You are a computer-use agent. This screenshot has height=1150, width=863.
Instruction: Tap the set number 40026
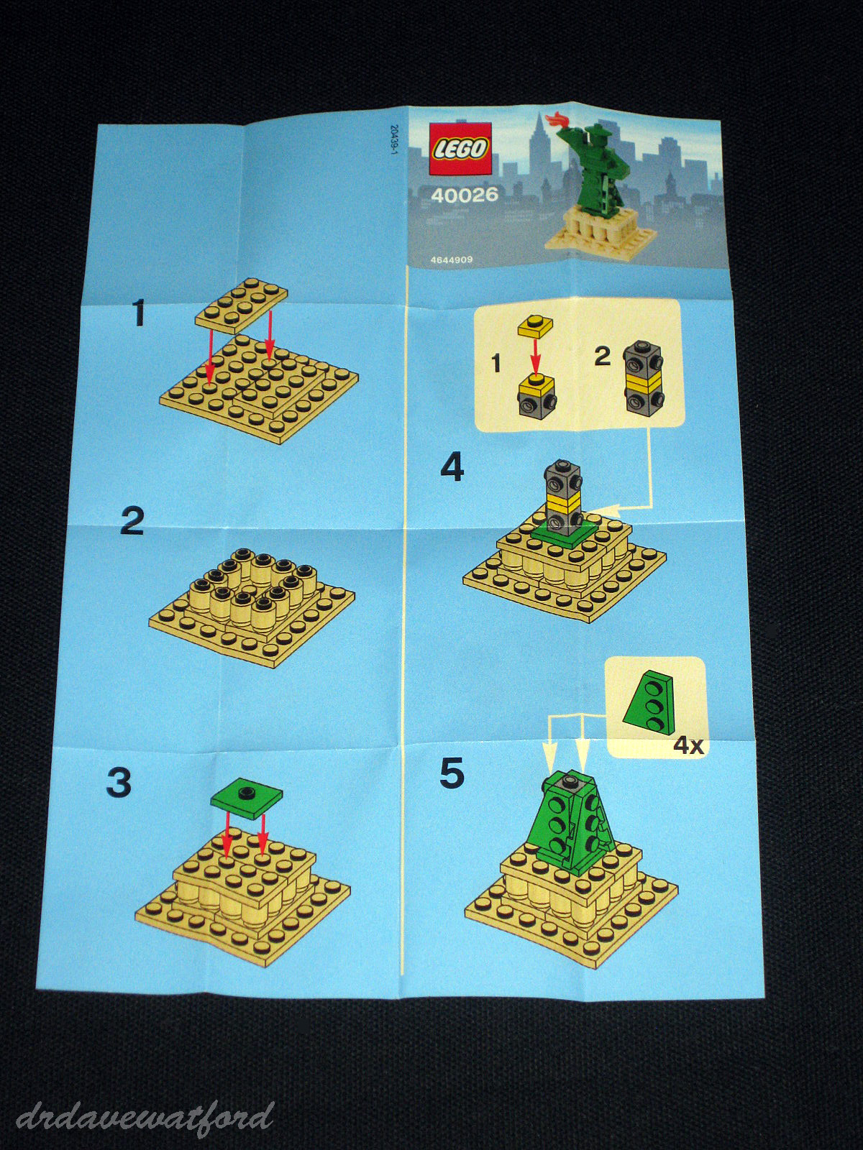(465, 195)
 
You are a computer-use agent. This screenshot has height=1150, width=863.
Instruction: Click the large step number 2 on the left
(132, 521)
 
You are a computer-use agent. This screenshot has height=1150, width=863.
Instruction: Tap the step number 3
(119, 783)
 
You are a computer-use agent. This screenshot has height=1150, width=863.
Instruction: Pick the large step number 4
(452, 469)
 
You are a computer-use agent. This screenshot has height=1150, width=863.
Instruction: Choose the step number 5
(452, 774)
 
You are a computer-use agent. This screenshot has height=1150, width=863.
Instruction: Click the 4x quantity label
(687, 745)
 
